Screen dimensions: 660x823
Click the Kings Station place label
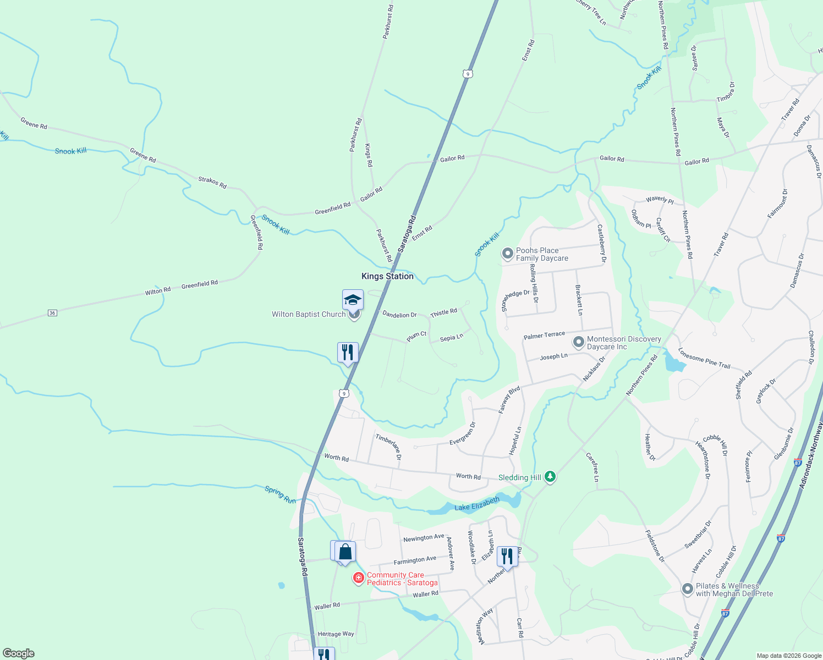[387, 276]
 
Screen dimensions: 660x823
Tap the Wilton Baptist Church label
[309, 315]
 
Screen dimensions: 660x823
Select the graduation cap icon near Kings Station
[353, 300]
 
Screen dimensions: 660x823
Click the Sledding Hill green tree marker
[550, 477]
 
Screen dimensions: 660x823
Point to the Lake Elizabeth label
[477, 504]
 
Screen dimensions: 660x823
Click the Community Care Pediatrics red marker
[359, 577]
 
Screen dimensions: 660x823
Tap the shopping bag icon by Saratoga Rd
[345, 552]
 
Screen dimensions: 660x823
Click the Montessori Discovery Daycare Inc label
[624, 343]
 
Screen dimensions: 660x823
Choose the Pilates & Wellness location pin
[687, 589]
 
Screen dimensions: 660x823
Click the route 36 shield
[52, 313]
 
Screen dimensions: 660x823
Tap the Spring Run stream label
[281, 494]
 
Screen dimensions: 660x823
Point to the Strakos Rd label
[212, 183]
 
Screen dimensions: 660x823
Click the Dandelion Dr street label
[399, 315]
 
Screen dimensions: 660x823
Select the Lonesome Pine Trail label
[704, 358]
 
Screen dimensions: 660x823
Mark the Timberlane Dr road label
[388, 446]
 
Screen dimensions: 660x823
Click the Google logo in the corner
[19, 653]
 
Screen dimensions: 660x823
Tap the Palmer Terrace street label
[544, 335]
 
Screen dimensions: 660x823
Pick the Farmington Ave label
[415, 560]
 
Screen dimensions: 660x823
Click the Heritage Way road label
[336, 634]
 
